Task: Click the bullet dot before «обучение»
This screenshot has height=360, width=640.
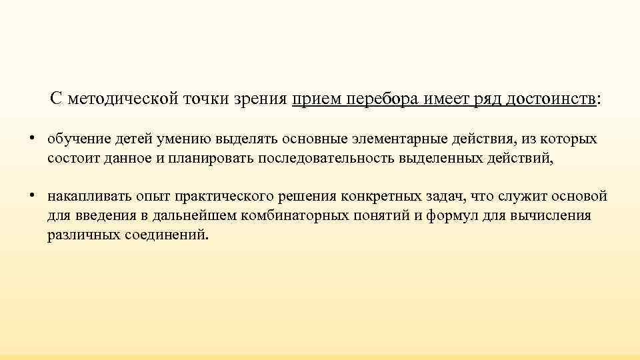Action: (x=32, y=139)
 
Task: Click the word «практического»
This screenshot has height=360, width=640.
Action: (x=216, y=197)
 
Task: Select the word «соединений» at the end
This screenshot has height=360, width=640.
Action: (x=167, y=235)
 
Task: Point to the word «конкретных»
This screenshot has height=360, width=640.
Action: (x=380, y=197)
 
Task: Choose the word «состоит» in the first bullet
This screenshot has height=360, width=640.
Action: (x=69, y=159)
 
